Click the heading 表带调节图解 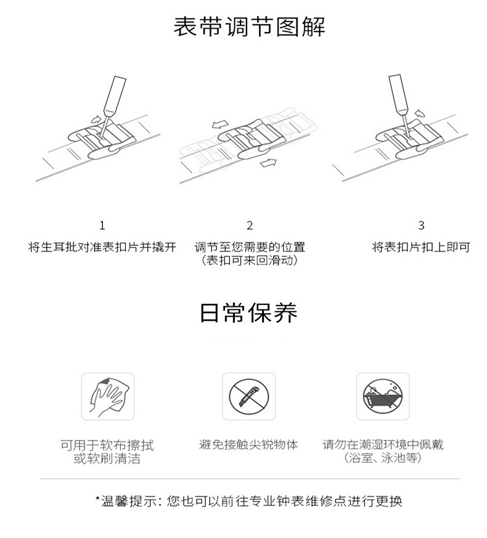(x=249, y=26)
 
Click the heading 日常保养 (x=249, y=312)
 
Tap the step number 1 (x=102, y=226)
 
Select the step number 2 (x=250, y=226)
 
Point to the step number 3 (x=421, y=226)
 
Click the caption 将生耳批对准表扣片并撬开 (x=102, y=247)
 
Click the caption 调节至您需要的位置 (x=250, y=247)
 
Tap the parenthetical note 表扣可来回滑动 (x=250, y=261)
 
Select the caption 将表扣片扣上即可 (x=421, y=247)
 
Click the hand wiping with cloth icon (x=108, y=396)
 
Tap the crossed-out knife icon (x=249, y=396)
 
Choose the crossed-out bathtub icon (x=383, y=396)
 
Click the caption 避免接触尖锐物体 (x=249, y=445)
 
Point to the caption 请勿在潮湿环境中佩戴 (x=383, y=445)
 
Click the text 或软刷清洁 (x=107, y=459)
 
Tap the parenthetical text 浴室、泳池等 (x=383, y=458)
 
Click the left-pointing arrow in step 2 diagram (x=220, y=124)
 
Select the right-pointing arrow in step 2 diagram (x=268, y=163)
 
